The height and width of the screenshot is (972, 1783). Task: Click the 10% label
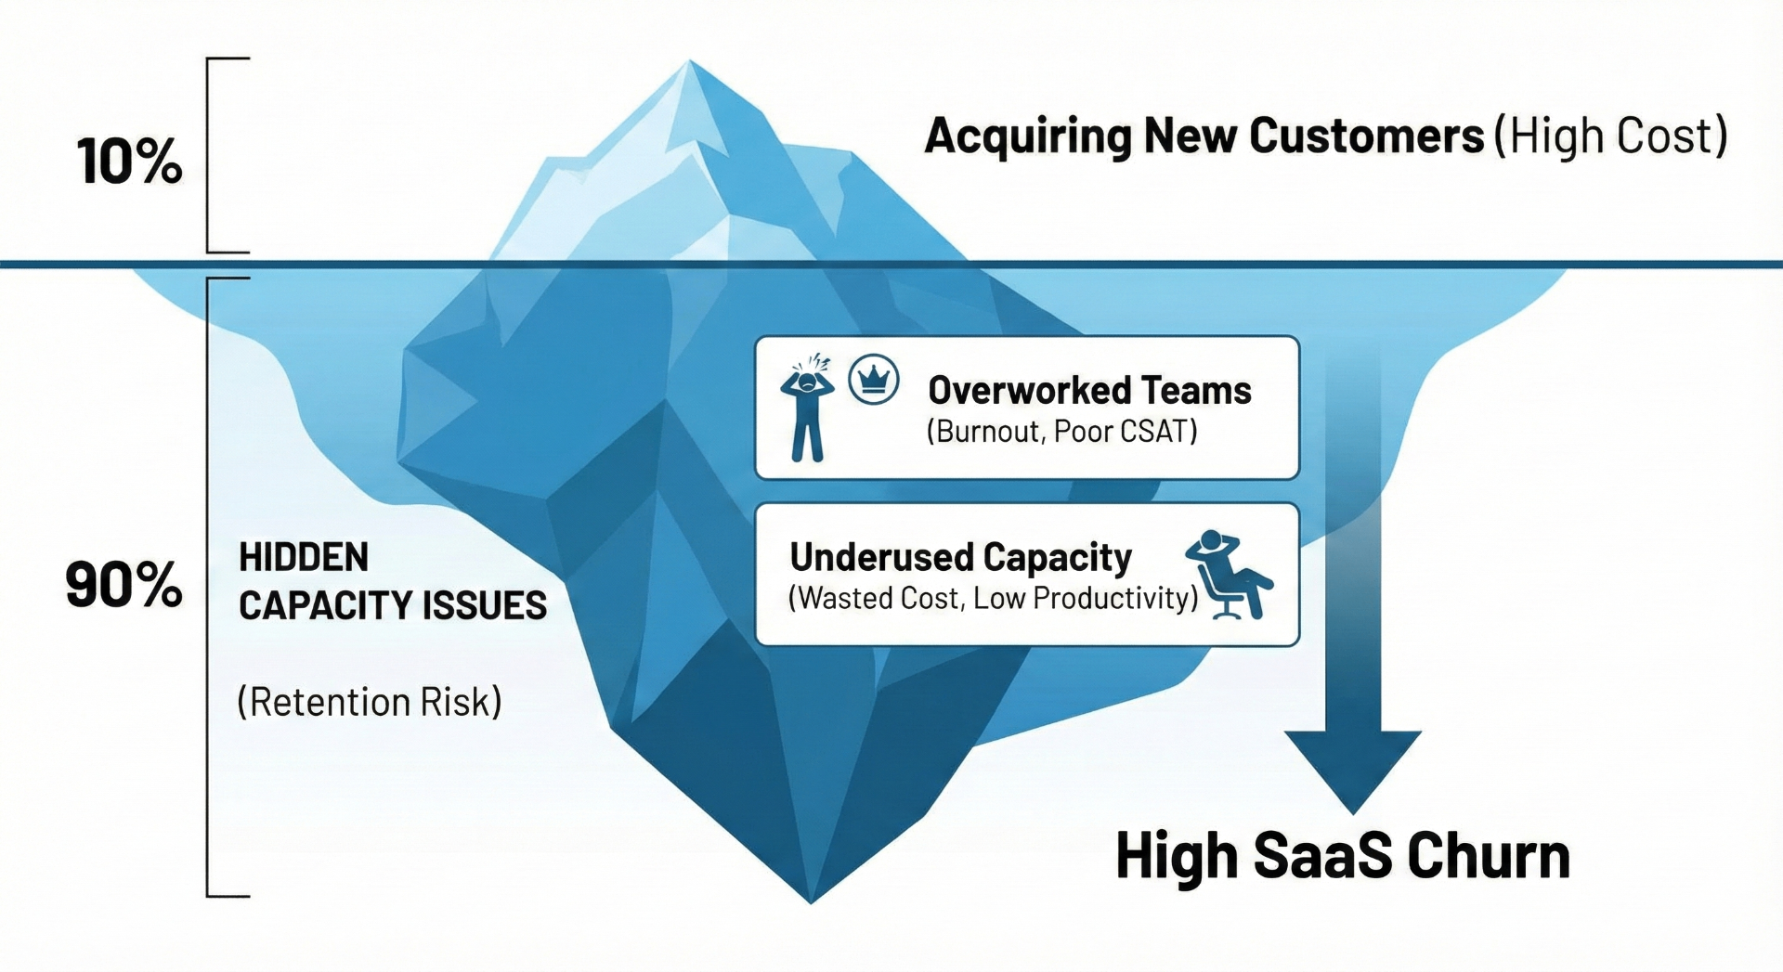click(x=129, y=162)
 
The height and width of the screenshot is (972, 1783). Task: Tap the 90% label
click(x=124, y=585)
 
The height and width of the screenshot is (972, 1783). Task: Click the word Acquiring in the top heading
click(x=1027, y=137)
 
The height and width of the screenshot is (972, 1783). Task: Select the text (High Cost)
click(x=1610, y=136)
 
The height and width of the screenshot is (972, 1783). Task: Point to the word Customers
click(x=1366, y=136)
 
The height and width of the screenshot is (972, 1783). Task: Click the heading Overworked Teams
click(x=1088, y=390)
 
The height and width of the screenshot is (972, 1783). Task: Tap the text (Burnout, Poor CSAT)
click(x=1061, y=432)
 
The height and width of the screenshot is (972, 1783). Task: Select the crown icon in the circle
click(x=874, y=379)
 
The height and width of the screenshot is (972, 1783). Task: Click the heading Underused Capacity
click(x=960, y=557)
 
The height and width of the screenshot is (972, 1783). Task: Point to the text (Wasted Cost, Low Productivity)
click(x=993, y=598)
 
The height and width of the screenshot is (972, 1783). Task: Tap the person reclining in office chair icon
click(x=1229, y=574)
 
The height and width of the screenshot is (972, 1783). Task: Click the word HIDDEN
click(x=304, y=558)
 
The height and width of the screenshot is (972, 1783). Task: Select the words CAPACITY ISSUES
click(x=392, y=605)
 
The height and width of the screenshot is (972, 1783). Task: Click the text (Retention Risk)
click(x=370, y=702)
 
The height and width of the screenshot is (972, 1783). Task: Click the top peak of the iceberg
click(x=689, y=63)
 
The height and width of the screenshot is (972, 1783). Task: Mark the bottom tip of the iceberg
click(x=810, y=900)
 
